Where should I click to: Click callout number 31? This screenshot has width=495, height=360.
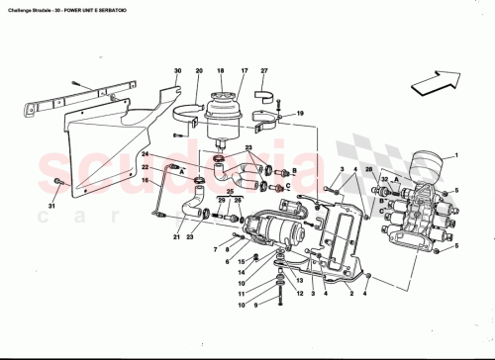tap(52, 206)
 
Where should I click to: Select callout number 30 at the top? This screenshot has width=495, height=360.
tap(178, 71)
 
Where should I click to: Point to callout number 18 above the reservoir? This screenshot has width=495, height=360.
tap(220, 71)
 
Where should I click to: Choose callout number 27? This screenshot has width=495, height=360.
tap(263, 71)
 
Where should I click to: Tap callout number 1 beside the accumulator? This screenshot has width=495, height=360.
tap(457, 156)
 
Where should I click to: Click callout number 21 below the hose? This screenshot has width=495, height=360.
tap(177, 238)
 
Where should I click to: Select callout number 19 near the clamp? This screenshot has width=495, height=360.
tap(301, 115)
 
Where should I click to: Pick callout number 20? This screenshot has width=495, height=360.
tap(199, 71)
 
